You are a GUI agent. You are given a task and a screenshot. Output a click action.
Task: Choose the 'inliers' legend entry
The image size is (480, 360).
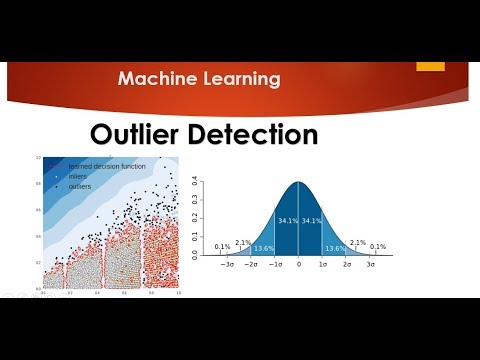[77, 176]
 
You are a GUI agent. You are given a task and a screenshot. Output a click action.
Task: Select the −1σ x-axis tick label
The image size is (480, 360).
[274, 265]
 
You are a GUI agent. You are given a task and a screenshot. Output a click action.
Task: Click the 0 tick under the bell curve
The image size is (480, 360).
[298, 265]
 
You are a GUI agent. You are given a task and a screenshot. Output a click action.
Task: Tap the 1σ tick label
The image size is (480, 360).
[323, 265]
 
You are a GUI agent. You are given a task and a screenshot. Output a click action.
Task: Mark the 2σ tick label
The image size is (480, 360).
[347, 265]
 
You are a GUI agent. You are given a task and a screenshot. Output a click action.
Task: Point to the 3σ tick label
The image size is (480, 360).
[372, 265]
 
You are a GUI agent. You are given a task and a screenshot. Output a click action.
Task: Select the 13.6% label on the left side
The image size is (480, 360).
[263, 248]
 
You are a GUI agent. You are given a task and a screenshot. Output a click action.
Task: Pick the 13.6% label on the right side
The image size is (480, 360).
[335, 248]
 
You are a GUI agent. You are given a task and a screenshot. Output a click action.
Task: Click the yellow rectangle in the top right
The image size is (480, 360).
[430, 67]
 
